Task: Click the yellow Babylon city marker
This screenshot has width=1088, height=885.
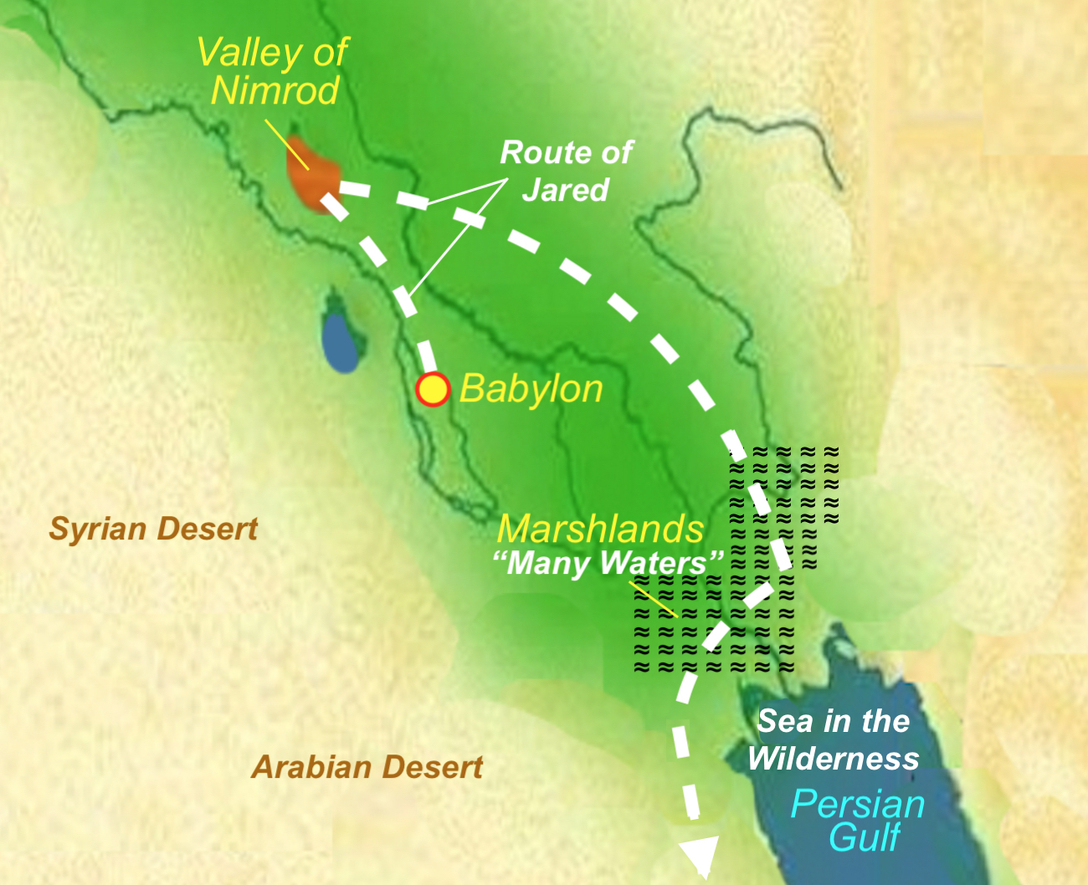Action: [433, 389]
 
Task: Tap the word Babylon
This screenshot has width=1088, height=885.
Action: [531, 389]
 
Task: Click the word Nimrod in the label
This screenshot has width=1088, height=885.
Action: [275, 90]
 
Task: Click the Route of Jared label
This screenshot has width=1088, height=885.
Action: [566, 171]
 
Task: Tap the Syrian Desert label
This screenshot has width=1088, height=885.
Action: [153, 529]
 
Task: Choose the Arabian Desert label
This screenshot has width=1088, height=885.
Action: [367, 767]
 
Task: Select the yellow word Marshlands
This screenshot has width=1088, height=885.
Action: [600, 529]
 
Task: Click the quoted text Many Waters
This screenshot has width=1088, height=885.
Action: [608, 563]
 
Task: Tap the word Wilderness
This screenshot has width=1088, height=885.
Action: [834, 759]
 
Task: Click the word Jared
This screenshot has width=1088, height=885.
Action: [566, 190]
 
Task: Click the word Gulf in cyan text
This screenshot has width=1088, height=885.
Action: [865, 837]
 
